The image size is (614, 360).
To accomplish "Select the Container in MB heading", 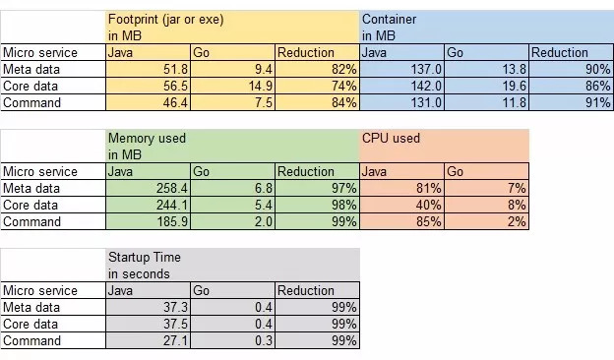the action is point(389,28).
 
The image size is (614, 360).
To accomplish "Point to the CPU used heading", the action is point(391,138).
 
